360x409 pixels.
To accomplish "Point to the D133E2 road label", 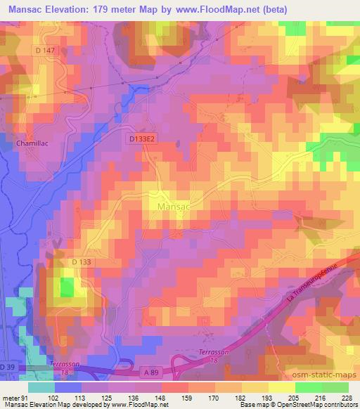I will (142, 139).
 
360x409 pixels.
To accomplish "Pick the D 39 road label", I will (8, 368).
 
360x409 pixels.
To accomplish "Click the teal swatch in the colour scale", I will (42, 387).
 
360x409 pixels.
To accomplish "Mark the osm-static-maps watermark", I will (323, 376).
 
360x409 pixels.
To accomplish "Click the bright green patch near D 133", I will (67, 287).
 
